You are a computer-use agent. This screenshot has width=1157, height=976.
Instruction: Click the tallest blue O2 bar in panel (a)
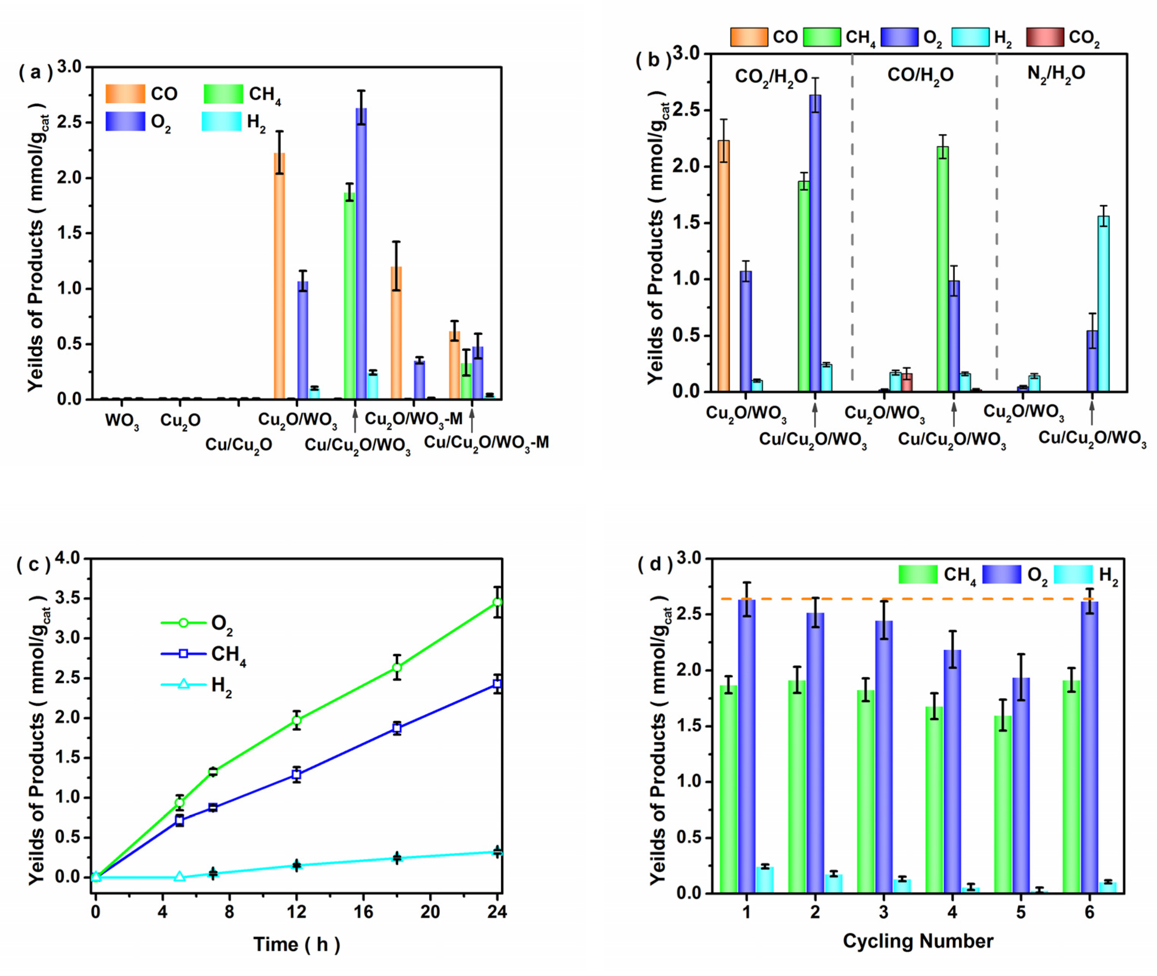[x=361, y=255]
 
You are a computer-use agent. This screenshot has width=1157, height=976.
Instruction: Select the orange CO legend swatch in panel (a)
[x=125, y=94]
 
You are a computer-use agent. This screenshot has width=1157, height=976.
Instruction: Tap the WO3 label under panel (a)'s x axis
[x=122, y=422]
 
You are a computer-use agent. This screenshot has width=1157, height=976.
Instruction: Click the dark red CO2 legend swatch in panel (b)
[x=1045, y=37]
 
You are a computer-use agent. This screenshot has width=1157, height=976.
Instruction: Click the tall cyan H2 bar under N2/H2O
[x=1103, y=304]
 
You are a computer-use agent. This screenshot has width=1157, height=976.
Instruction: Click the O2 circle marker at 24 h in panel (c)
[x=498, y=602]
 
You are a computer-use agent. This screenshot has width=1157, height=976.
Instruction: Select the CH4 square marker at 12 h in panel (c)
[x=297, y=775]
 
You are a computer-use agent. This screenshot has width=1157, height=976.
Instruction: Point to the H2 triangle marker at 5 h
[x=179, y=877]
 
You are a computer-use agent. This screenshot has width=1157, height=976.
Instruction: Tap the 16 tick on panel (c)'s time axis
[x=363, y=912]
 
